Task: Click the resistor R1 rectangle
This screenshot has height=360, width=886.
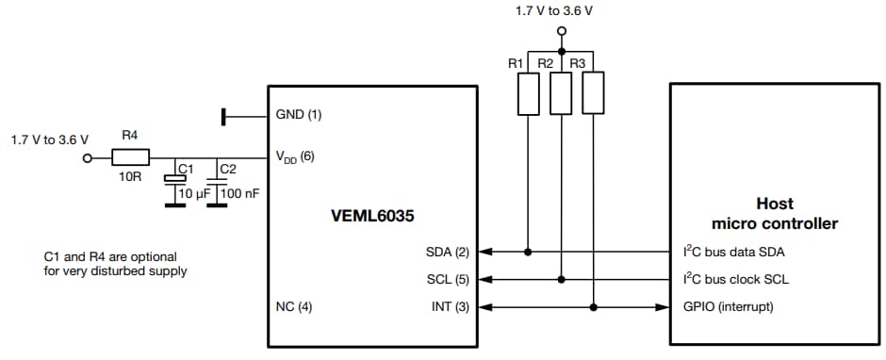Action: coord(529,92)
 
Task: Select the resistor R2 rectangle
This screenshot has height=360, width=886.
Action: coord(561,92)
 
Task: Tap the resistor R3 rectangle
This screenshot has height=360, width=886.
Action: coord(593,92)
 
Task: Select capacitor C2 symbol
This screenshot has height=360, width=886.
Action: coord(217,178)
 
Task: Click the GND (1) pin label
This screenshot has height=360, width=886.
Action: coord(299,115)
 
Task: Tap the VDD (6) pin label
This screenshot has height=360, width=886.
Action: coord(295,156)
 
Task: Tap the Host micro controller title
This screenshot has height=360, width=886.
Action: coord(775,213)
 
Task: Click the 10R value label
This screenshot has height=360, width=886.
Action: coord(130,176)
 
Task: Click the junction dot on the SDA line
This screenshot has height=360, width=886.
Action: coord(529,253)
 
